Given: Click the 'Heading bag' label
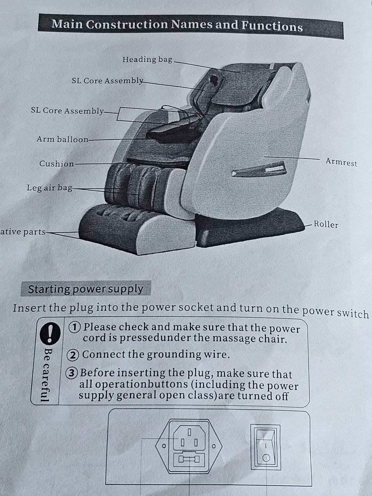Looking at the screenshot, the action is click(147, 60).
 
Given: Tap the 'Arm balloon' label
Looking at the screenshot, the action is click(62, 139).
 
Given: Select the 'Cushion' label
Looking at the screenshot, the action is click(57, 164).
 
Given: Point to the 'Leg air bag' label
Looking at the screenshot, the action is click(50, 188).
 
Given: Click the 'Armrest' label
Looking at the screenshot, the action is click(341, 162).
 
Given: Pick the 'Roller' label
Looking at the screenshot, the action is click(326, 224).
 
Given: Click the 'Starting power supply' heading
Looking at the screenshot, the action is click(86, 289).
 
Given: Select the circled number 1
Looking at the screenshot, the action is click(74, 327).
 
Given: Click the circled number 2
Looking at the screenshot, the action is click(73, 355).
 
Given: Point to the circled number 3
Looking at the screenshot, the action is click(72, 373).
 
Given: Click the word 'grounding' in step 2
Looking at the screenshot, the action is click(174, 355).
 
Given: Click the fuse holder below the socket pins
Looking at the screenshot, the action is click(189, 459).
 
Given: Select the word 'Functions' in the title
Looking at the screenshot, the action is click(272, 26).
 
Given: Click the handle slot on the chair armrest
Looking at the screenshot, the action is click(259, 169).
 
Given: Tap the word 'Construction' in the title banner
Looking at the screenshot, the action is click(127, 24).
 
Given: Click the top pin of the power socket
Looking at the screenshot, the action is click(189, 432).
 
